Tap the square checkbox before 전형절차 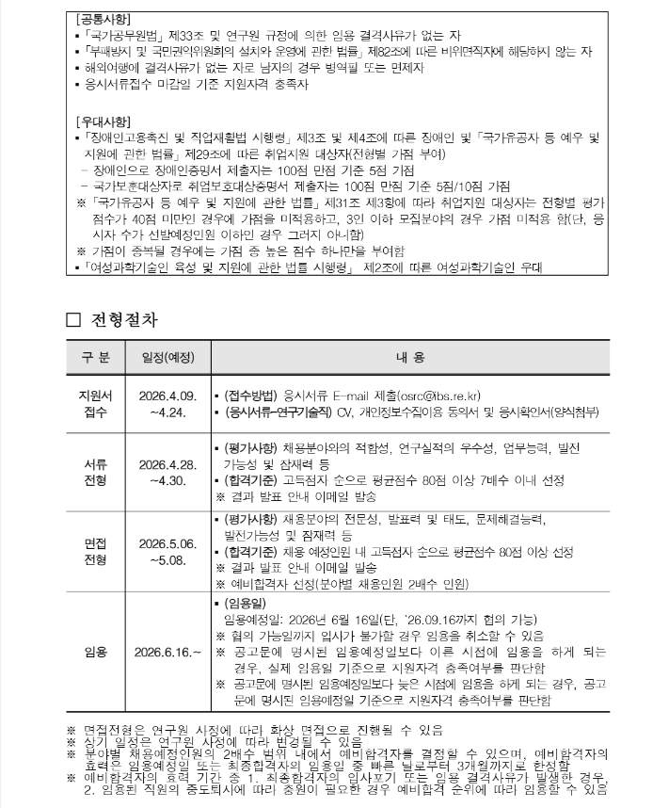pyautogui.click(x=75, y=320)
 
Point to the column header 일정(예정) pyautogui.click(x=167, y=357)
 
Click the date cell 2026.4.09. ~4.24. pyautogui.click(x=167, y=403)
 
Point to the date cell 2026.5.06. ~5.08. pyautogui.click(x=167, y=552)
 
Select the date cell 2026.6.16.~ pyautogui.click(x=167, y=652)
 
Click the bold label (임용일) pyautogui.click(x=247, y=603)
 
